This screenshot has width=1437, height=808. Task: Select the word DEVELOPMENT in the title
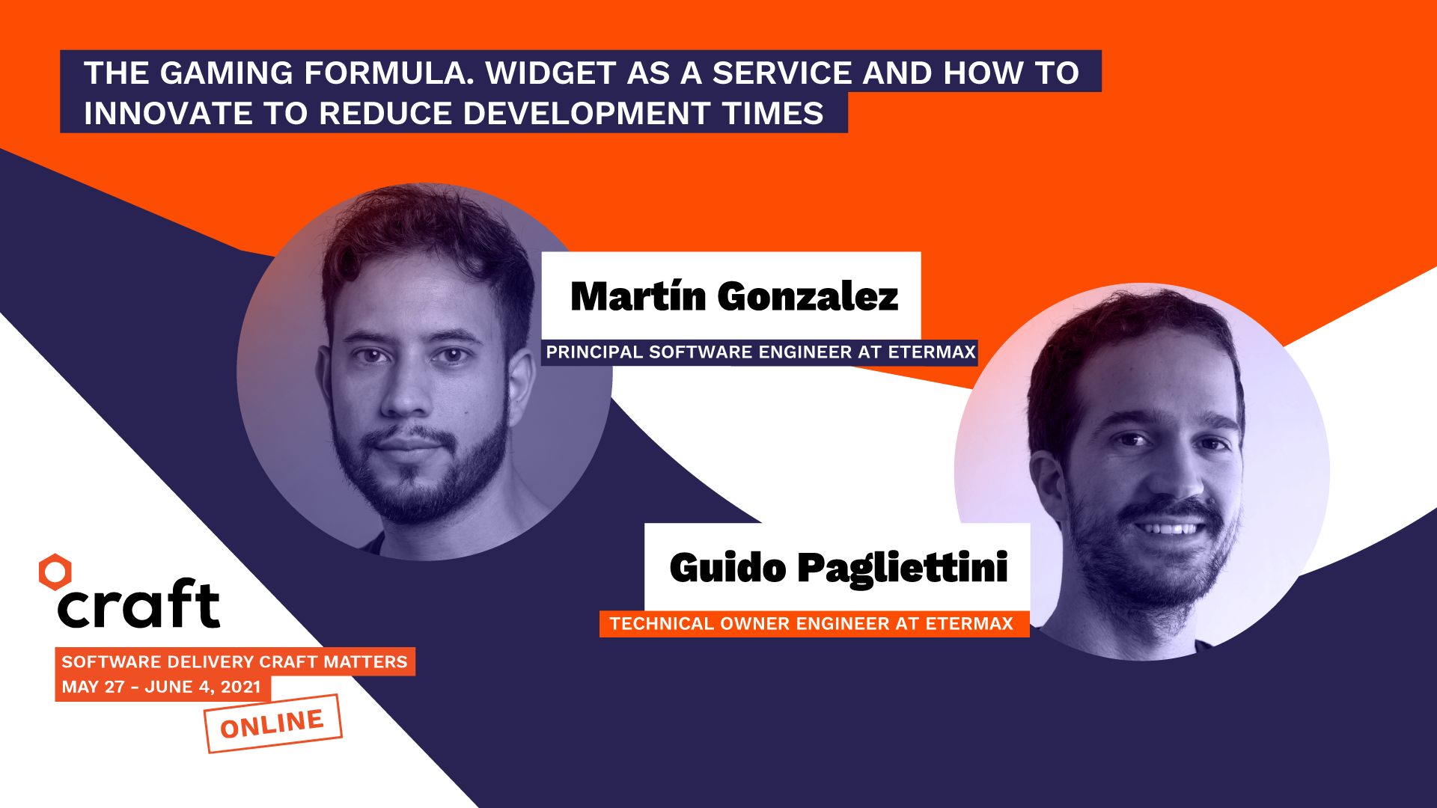(x=586, y=114)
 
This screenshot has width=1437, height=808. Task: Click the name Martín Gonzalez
(x=733, y=296)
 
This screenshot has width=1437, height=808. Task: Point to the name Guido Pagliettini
(x=838, y=568)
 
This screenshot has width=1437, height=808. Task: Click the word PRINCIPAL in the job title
(x=594, y=352)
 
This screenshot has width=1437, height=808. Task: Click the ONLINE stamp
(x=272, y=723)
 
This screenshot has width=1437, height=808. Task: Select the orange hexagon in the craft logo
(x=55, y=572)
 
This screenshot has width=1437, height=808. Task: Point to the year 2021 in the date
(x=240, y=687)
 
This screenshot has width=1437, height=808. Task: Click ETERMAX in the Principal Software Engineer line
(x=932, y=352)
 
